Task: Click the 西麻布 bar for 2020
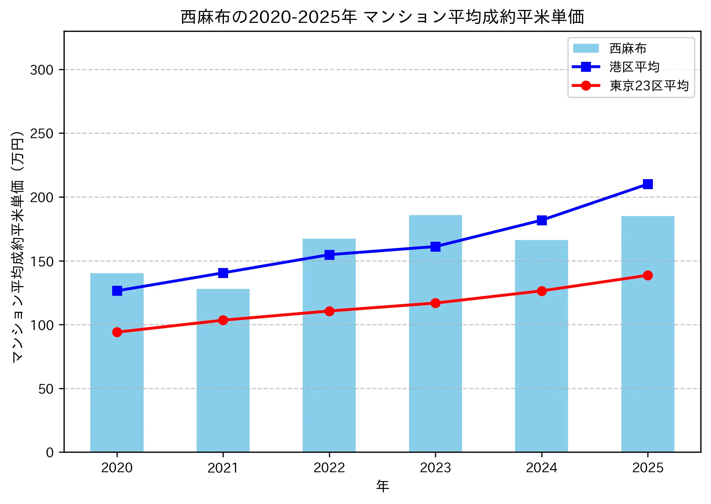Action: click(117, 362)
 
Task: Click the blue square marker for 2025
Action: click(648, 184)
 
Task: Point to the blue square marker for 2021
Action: click(223, 273)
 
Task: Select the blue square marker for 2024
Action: click(542, 220)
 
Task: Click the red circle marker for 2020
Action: click(117, 332)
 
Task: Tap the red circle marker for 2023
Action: click(435, 303)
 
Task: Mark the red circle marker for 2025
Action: click(648, 275)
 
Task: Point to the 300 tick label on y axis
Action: click(42, 70)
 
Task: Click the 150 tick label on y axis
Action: click(42, 262)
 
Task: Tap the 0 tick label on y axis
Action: click(50, 453)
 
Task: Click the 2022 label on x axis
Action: click(329, 468)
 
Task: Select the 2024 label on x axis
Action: click(541, 468)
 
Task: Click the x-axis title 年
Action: click(382, 486)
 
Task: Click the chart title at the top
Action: click(382, 17)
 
